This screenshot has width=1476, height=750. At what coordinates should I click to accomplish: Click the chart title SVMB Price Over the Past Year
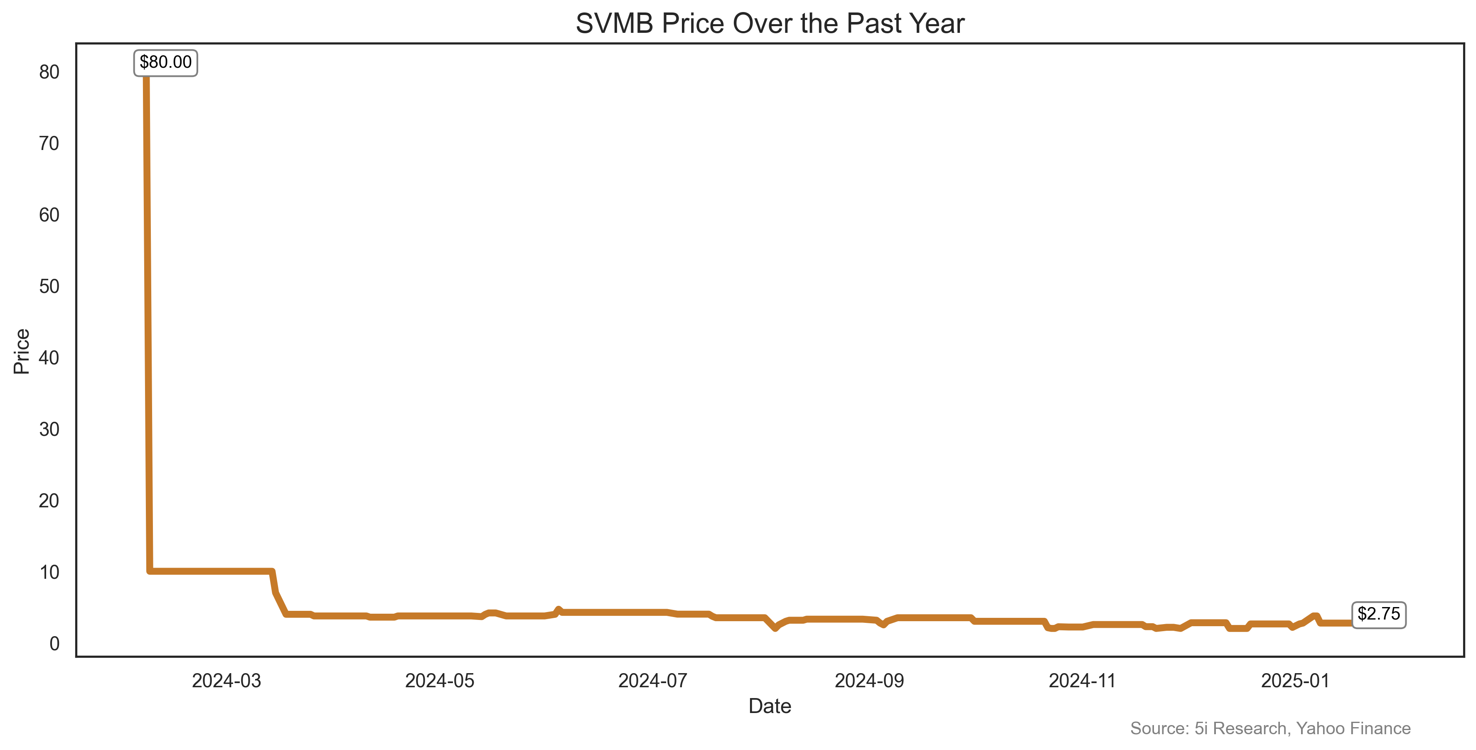770,24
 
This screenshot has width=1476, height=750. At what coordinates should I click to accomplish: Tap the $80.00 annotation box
165,62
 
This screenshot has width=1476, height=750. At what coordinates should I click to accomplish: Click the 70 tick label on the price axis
49,143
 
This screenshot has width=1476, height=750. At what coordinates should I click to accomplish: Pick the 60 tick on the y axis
49,215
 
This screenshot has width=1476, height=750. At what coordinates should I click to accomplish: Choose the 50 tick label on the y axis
49,286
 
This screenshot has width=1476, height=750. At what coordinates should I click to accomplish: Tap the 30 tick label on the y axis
49,429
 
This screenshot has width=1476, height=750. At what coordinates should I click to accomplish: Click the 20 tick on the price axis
49,501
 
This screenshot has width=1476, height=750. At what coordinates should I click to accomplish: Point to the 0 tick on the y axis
54,644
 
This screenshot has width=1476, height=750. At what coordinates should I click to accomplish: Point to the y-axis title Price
22,351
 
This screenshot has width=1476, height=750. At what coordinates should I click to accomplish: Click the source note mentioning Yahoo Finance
1270,728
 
